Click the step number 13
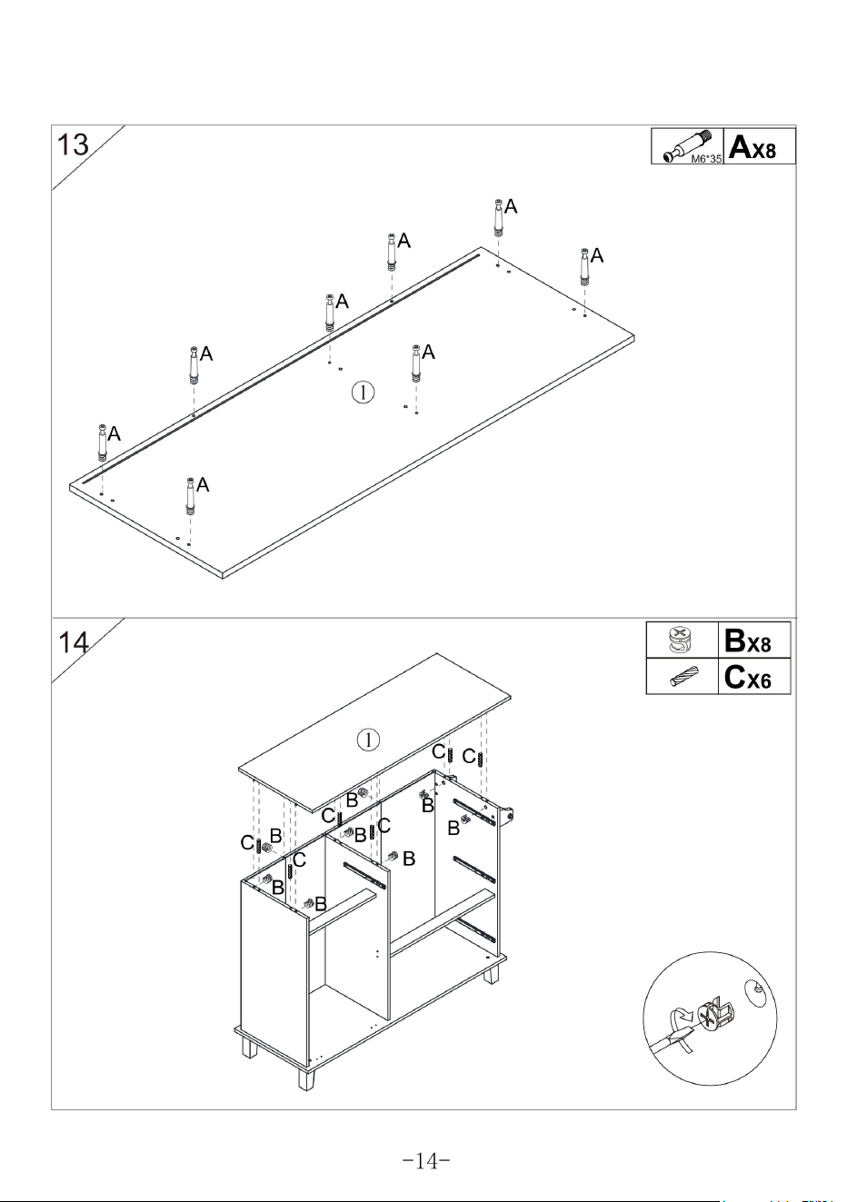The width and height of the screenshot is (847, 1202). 73,144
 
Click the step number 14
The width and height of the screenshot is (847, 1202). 73,642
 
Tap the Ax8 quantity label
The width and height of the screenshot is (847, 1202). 752,146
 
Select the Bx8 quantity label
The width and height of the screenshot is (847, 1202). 747,641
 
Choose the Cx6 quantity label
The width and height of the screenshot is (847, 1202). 747,677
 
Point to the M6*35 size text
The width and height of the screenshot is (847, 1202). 706,158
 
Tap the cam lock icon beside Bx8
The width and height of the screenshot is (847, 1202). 681,641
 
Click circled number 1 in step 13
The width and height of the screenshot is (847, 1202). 363,392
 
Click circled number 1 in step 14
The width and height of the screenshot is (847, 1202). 369,740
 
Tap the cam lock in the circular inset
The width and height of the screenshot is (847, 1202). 716,1015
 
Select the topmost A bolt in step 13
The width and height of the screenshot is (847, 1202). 499,218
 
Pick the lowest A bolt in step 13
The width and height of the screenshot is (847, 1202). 190,496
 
